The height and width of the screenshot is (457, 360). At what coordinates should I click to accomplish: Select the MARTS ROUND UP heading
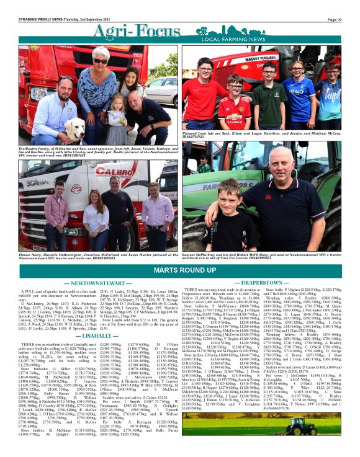[x=180, y=254]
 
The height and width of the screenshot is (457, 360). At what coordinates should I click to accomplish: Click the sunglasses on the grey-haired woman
[x=99, y=61]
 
